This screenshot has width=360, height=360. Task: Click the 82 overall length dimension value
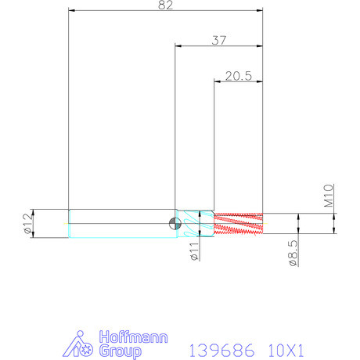tap(165, 5)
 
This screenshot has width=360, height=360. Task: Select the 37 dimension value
tap(219, 41)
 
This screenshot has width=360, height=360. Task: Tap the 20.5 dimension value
tap(239, 76)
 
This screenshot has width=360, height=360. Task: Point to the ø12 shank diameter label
tap(28, 223)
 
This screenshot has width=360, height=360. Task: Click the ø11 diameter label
tap(195, 251)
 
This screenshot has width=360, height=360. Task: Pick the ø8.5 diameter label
tap(293, 253)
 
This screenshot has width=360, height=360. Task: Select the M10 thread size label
tap(329, 196)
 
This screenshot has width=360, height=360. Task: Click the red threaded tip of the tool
tap(238, 223)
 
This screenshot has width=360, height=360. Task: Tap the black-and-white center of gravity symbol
tap(175, 224)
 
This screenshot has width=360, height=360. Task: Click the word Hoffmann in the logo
tap(133, 337)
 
